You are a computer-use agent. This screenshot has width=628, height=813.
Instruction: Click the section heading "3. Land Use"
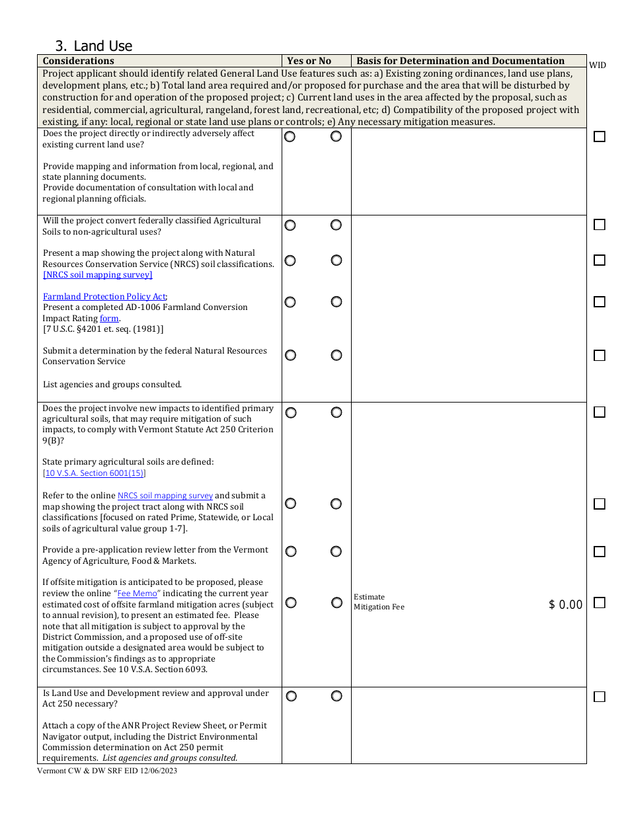tap(94, 46)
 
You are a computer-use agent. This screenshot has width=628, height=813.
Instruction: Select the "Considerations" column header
tap(79, 61)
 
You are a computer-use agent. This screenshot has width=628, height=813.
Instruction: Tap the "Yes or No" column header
tap(309, 61)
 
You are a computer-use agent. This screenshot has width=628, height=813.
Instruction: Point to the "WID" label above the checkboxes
tap(597, 65)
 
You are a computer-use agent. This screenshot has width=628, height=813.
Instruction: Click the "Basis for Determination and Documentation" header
tap(460, 61)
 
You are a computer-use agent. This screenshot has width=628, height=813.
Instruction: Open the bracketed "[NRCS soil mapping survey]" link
tap(97, 275)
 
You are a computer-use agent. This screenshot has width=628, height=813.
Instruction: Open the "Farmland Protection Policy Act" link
tap(104, 297)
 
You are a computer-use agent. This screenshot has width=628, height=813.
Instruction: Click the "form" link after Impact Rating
tap(109, 319)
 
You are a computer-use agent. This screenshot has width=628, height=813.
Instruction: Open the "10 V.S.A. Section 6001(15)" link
tap(94, 473)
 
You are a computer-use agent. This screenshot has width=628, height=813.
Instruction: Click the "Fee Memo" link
tap(137, 594)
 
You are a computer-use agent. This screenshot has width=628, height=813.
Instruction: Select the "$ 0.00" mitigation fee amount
tap(565, 605)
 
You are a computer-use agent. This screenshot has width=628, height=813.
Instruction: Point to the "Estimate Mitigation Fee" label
tap(379, 601)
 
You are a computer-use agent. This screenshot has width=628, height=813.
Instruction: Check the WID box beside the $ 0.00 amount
tap(599, 603)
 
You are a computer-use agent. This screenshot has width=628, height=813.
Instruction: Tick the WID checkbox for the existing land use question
tap(599, 137)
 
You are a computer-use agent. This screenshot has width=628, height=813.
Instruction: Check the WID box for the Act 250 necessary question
tap(599, 697)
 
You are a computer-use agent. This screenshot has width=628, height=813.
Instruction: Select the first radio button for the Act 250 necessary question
tap(291, 696)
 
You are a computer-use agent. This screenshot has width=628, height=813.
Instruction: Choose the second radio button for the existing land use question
tap(336, 136)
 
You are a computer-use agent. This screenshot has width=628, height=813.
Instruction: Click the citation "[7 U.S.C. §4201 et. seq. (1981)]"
tap(102, 329)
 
